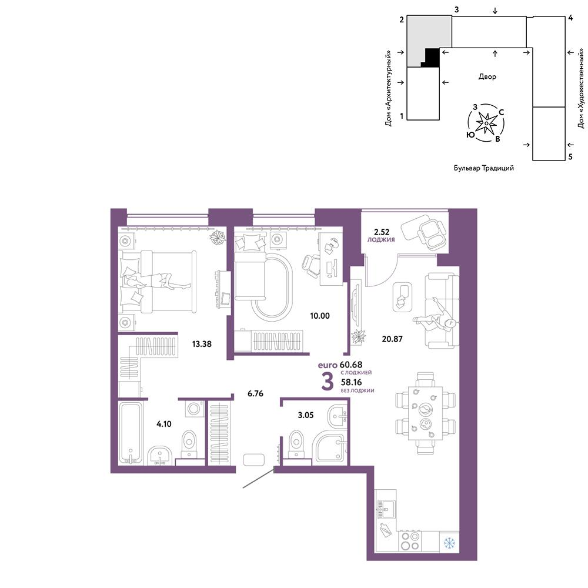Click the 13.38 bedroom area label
coord(202,344)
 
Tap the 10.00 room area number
coord(320,316)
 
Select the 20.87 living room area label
coord(392,339)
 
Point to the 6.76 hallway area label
coord(255,393)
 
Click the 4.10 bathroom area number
coord(164,424)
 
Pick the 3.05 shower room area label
coord(306,415)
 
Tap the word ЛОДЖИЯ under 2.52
coord(381,240)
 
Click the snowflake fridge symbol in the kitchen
coord(449,543)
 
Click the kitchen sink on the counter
coord(386,509)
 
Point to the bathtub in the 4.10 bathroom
coord(131,433)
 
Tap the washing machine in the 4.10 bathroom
coord(194,409)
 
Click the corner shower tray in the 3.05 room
coord(329,448)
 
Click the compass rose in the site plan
coord(486,123)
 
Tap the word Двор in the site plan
coord(487,76)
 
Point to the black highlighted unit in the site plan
coord(432,58)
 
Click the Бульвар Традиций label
coord(484,168)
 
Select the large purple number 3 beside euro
coord(328,382)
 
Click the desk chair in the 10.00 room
coord(311,266)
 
